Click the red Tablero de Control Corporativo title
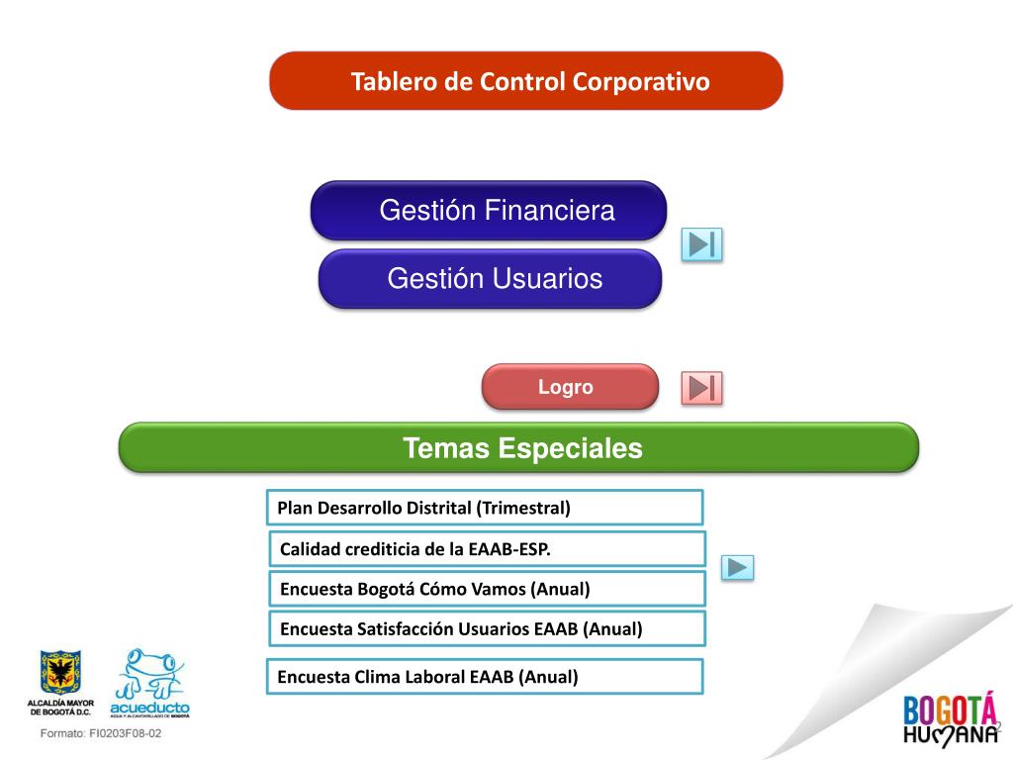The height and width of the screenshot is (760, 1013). (x=525, y=81)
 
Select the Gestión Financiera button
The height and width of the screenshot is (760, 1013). (x=489, y=211)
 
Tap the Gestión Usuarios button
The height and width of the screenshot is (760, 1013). (x=490, y=279)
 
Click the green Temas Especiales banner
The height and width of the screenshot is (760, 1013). (x=518, y=448)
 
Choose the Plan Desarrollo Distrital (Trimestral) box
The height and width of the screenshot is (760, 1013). (x=484, y=508)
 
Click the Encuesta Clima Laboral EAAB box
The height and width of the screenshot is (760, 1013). (x=484, y=677)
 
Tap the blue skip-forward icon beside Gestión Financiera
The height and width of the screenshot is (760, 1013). (x=701, y=244)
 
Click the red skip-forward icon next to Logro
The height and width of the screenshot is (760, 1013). (x=701, y=388)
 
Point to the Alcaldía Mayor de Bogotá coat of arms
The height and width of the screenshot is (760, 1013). (x=60, y=674)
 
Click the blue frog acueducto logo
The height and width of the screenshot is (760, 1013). (x=149, y=682)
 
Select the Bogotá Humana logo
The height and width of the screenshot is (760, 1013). (x=949, y=718)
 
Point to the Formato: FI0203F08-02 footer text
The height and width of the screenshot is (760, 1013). (x=100, y=735)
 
